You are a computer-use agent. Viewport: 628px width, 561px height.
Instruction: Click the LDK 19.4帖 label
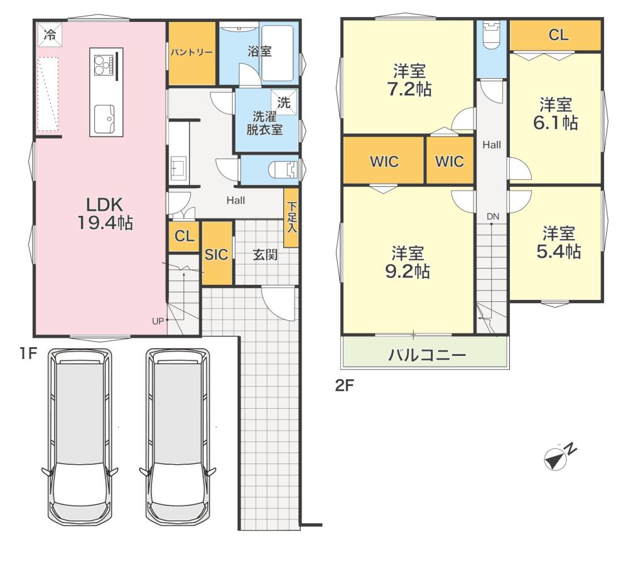[105, 214]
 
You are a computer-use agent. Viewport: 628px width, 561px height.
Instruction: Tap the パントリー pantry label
[192, 52]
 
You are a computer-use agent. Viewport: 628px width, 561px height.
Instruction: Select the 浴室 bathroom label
[259, 52]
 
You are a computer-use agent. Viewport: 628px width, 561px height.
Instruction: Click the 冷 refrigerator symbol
[50, 35]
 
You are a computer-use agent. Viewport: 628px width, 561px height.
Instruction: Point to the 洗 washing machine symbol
[284, 103]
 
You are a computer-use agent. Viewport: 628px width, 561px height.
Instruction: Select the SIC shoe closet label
[216, 254]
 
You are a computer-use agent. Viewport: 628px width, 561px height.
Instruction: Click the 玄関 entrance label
[265, 254]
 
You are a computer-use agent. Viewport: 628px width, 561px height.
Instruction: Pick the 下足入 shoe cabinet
[291, 218]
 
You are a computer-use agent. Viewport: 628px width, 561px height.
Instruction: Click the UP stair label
[158, 321]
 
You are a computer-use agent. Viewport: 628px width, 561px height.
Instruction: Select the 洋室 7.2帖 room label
[409, 81]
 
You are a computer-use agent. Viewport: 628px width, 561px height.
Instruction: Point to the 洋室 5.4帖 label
[559, 242]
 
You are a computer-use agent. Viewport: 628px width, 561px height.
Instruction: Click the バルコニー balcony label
[427, 355]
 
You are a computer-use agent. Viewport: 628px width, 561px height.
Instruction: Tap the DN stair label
[493, 216]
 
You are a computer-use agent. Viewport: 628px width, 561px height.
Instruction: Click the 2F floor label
[344, 386]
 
